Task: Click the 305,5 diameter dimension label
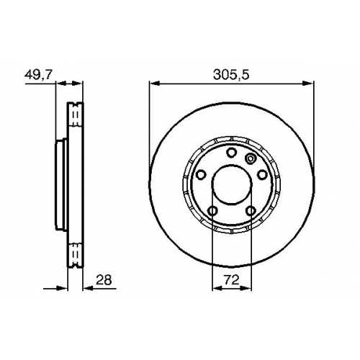[x=231, y=75]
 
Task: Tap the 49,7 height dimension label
[x=38, y=75]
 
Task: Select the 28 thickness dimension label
[x=104, y=280]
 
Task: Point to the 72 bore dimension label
[x=232, y=280]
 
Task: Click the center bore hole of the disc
[x=232, y=184]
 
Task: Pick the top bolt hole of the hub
[x=232, y=153]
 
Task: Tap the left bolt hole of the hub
[x=201, y=174]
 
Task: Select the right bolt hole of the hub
[x=262, y=174]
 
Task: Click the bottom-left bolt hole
[x=213, y=211]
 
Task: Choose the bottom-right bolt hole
[x=251, y=211]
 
